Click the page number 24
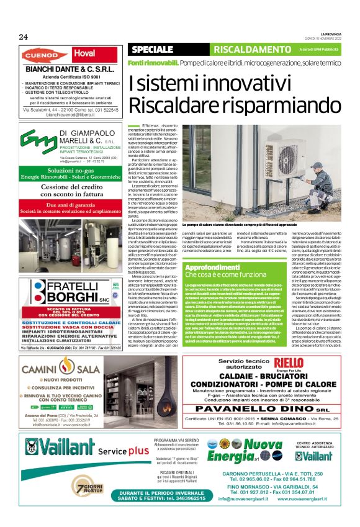(x=23, y=37)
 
